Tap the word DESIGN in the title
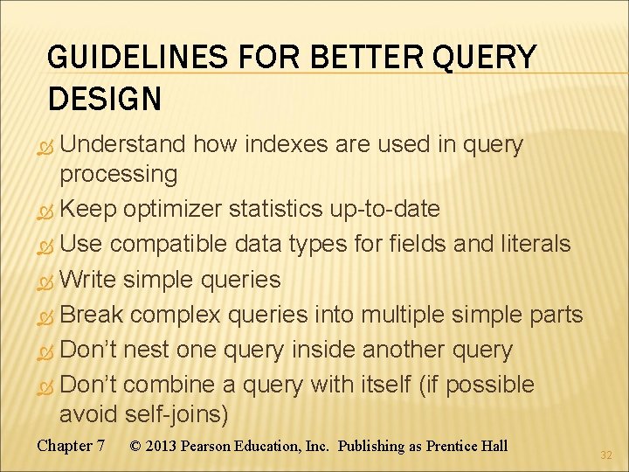pyautogui.click(x=105, y=99)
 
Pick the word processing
pyautogui.click(x=118, y=174)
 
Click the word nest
pyautogui.click(x=146, y=350)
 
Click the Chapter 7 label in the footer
pyautogui.click(x=71, y=446)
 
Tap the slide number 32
pyautogui.click(x=607, y=455)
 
